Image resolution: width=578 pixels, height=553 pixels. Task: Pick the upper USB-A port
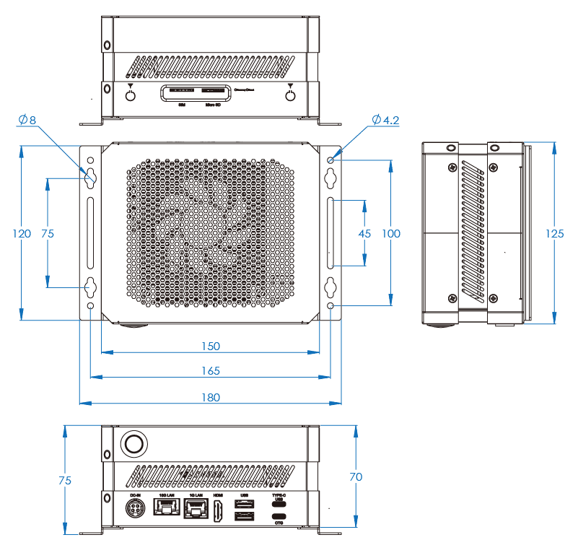click(x=245, y=503)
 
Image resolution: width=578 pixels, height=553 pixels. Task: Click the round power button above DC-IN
click(x=133, y=443)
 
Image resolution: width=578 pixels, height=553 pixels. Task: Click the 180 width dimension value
click(x=210, y=397)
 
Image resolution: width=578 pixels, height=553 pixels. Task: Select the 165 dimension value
click(x=210, y=371)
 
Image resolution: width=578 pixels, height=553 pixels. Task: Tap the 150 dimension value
click(x=210, y=346)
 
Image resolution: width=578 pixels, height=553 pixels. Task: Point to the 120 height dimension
click(x=22, y=233)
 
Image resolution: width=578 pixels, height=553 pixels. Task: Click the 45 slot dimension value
click(x=364, y=233)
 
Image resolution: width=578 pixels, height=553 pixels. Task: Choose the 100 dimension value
click(x=391, y=233)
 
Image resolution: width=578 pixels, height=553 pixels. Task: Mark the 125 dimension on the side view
click(x=555, y=233)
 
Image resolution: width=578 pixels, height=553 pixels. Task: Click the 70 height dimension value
click(x=355, y=476)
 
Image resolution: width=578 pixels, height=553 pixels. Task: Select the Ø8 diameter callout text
click(x=27, y=119)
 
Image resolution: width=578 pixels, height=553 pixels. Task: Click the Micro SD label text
click(x=213, y=105)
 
